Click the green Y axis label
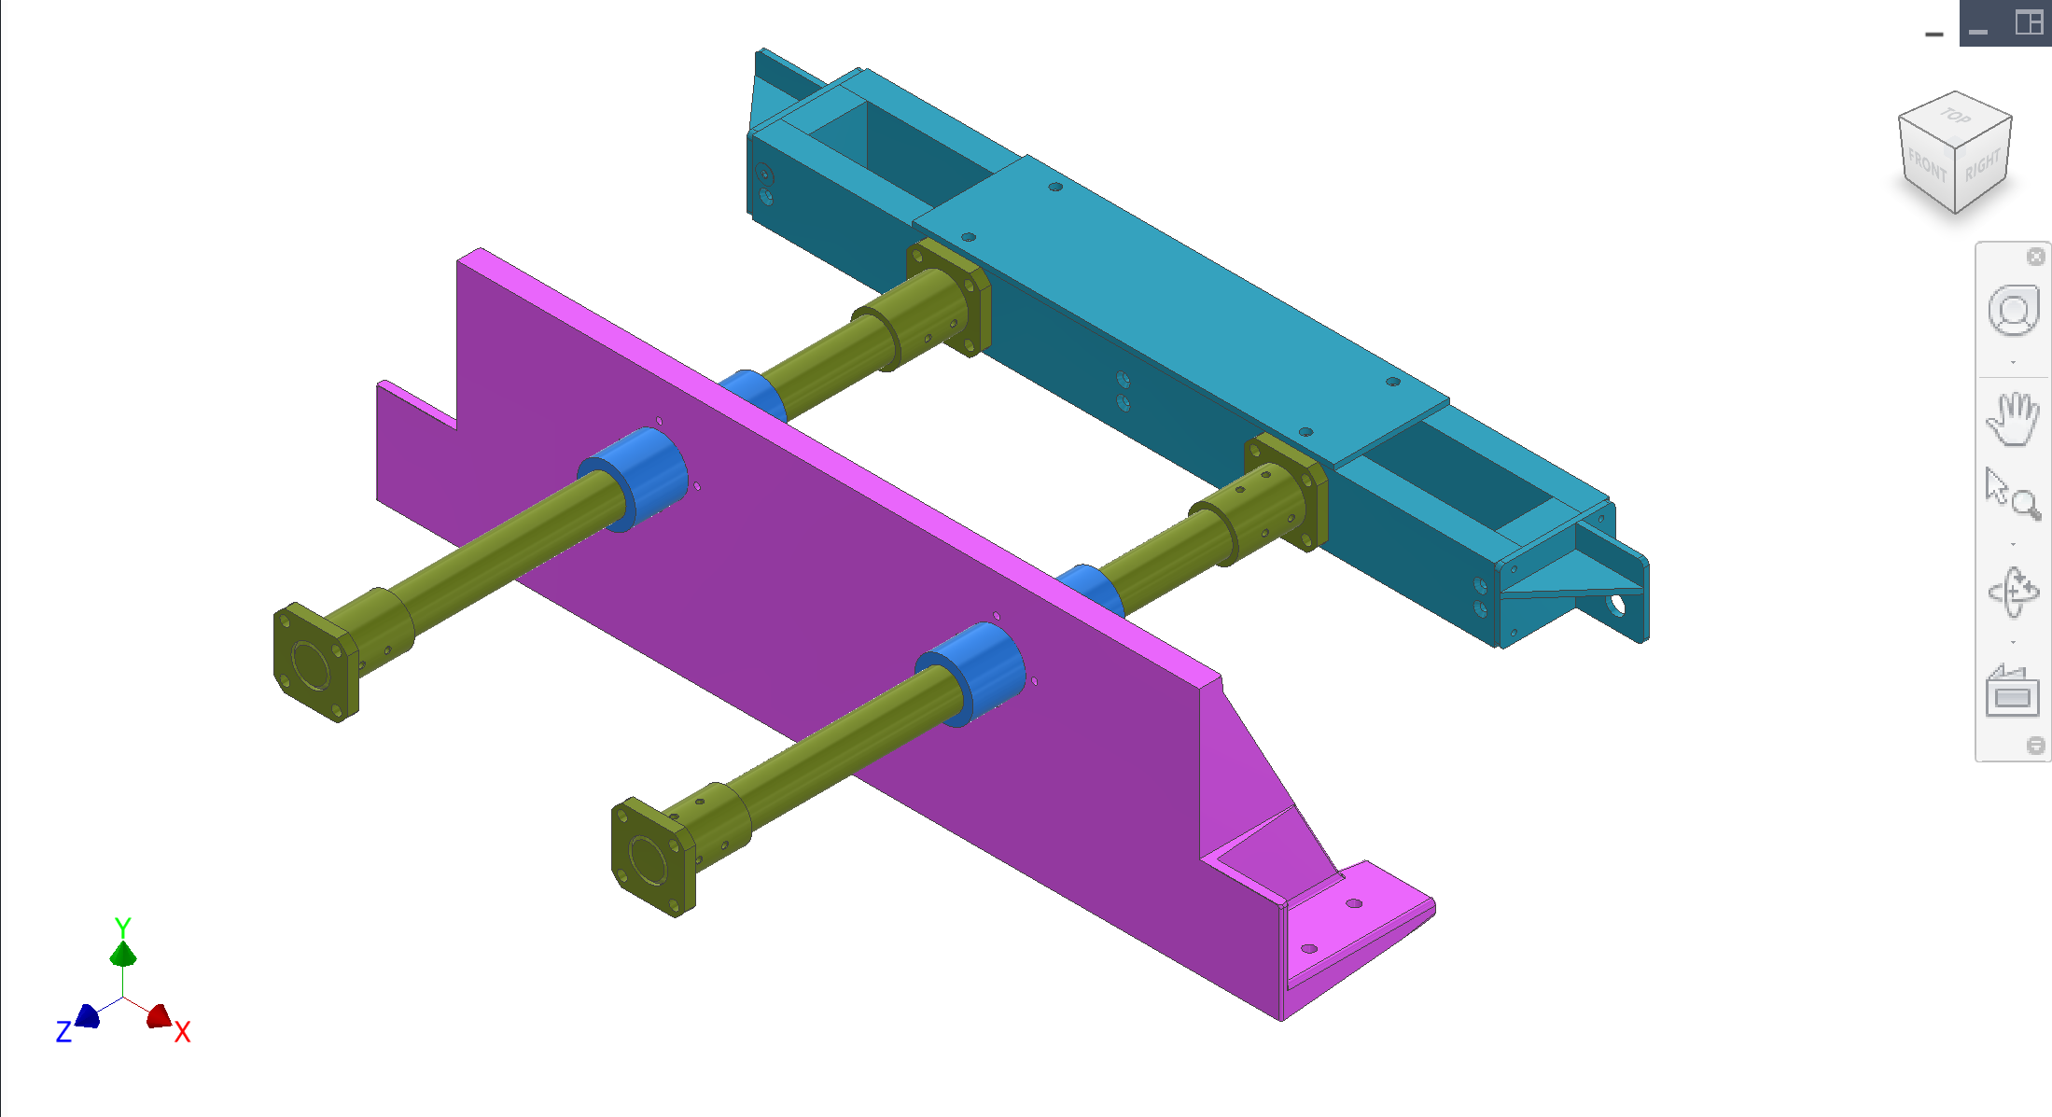122,927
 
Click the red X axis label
182,1031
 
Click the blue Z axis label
63,1031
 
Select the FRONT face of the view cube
1926,167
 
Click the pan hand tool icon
2013,419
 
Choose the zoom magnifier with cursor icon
2013,494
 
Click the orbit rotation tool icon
2013,592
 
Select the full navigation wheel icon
2013,311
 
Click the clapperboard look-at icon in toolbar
2013,691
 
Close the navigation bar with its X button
2036,257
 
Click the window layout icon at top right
2029,22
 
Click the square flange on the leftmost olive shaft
314,662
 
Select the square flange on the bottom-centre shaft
651,857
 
